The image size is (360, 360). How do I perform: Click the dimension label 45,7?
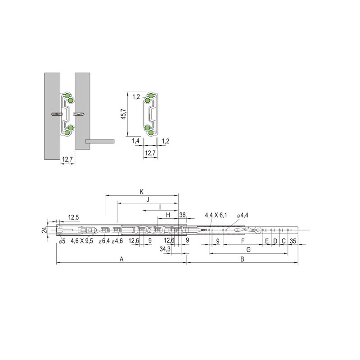pos(124,114)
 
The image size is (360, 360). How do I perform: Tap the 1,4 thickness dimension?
pos(136,141)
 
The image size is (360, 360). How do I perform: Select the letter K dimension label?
pos(142,192)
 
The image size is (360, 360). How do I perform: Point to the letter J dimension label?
pos(148,200)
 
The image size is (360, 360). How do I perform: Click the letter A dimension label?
pos(121,259)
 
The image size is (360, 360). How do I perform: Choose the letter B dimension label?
pos(242,259)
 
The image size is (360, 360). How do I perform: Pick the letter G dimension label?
pos(248,250)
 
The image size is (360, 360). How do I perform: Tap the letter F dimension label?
pos(243,241)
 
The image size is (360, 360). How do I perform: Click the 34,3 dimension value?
pos(165,249)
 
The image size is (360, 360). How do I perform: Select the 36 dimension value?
pos(182,215)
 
